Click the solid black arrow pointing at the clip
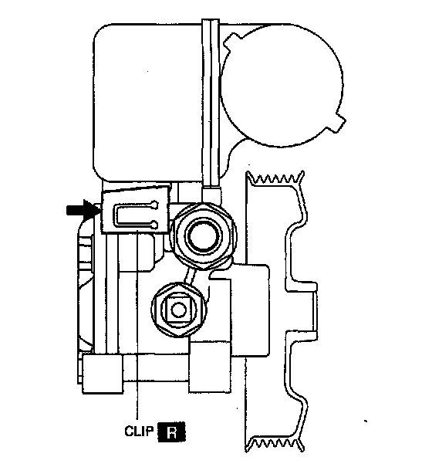point(82,209)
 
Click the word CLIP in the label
point(140,431)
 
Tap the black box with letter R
point(172,433)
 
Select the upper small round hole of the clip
point(155,205)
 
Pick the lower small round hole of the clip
point(155,225)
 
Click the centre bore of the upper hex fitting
point(201,235)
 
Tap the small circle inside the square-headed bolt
point(178,310)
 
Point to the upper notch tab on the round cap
point(233,41)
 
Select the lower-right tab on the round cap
point(339,120)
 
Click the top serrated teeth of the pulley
point(275,178)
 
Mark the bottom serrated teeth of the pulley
point(275,445)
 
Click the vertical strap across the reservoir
point(211,103)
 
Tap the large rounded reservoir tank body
point(151,103)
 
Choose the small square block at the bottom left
point(103,374)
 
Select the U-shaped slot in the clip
point(133,215)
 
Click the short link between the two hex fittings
point(189,276)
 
